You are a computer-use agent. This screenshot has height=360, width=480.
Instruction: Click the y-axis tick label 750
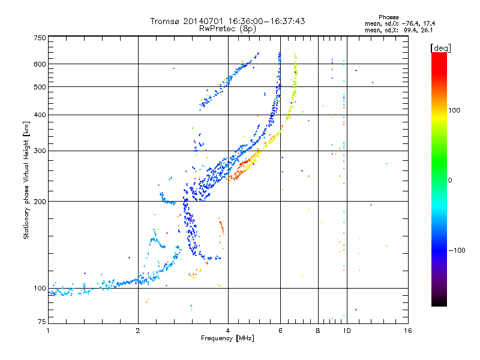[40, 38]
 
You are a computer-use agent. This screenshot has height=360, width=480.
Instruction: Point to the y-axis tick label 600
[40, 64]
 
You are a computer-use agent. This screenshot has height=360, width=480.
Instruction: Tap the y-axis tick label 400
[40, 115]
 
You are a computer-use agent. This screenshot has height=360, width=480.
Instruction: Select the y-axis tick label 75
[41, 322]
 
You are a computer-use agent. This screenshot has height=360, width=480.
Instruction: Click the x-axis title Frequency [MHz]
[228, 338]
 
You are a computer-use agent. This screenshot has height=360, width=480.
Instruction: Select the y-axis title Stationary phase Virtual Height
[26, 180]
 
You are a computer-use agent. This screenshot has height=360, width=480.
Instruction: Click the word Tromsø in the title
[164, 21]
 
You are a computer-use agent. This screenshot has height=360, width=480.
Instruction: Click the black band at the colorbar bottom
[439, 300]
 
